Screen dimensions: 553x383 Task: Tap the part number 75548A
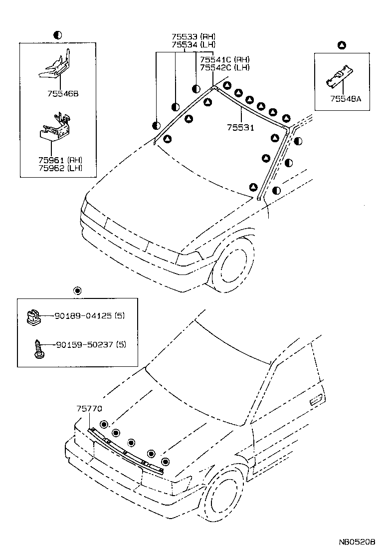click(345, 99)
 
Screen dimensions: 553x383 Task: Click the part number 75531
click(241, 128)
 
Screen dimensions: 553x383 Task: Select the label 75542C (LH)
click(224, 67)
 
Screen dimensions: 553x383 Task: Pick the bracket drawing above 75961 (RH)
click(55, 127)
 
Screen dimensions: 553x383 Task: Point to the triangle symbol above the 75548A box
click(342, 45)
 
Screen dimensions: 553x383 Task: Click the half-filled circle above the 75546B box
click(57, 34)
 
